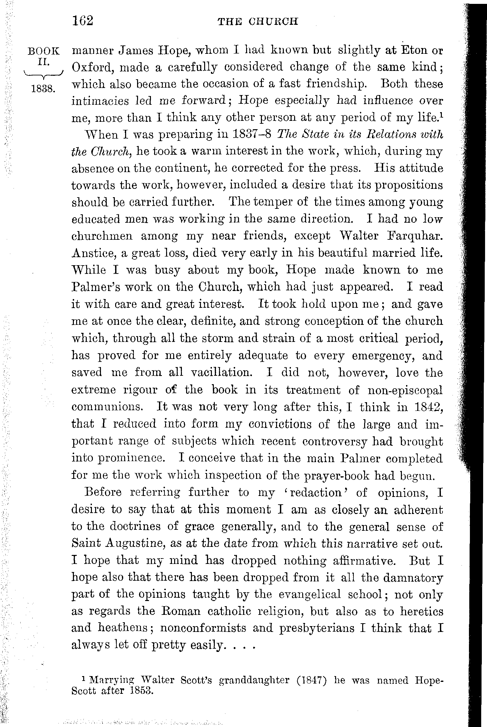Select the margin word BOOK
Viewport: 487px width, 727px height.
(x=44, y=51)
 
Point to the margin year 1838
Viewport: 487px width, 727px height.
(x=44, y=89)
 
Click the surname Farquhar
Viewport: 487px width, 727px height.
(x=414, y=236)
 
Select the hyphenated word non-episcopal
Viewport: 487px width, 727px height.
(x=405, y=390)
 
